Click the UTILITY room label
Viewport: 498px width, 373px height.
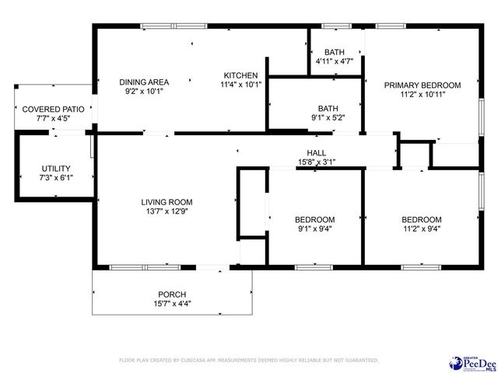(56, 168)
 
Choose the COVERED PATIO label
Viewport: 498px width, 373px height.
(53, 110)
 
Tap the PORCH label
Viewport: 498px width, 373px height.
(172, 294)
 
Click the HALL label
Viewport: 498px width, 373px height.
(316, 153)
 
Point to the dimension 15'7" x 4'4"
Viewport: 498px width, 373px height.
(172, 303)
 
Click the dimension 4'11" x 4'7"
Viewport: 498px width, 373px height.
(334, 61)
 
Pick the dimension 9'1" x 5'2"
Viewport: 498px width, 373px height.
(328, 117)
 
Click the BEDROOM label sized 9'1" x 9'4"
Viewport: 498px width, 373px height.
(314, 219)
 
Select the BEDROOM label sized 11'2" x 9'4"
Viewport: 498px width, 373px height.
(421, 219)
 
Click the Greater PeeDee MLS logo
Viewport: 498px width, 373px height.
(472, 362)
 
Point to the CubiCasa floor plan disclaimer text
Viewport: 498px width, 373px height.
(248, 361)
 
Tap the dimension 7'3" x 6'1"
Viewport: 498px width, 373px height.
(56, 177)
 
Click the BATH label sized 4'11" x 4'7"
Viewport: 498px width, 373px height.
(334, 51)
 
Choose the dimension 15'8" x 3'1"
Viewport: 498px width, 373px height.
(316, 162)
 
